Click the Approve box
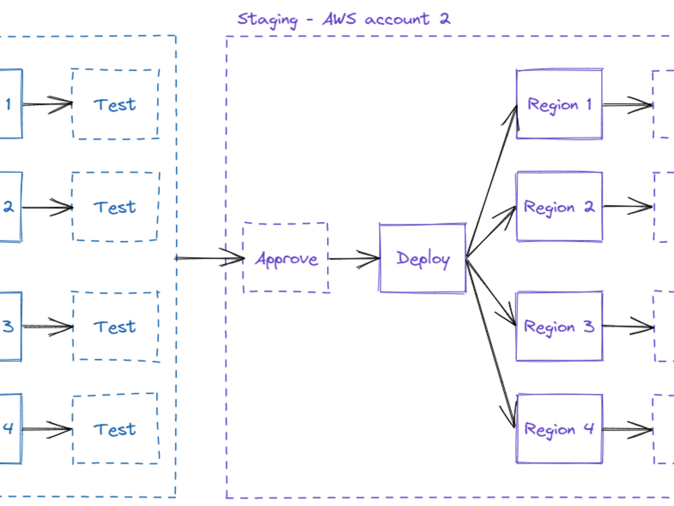pyautogui.click(x=286, y=258)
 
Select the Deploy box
pyautogui.click(x=423, y=258)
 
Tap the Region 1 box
pyautogui.click(x=559, y=105)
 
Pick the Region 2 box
pyautogui.click(x=559, y=206)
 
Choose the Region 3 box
pyautogui.click(x=559, y=327)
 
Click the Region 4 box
pyautogui.click(x=559, y=429)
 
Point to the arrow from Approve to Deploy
pyautogui.click(x=354, y=258)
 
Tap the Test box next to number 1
pyautogui.click(x=115, y=105)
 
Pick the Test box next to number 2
pyautogui.click(x=115, y=206)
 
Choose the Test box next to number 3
pyautogui.click(x=115, y=327)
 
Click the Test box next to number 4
pyautogui.click(x=115, y=429)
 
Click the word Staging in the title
pyautogui.click(x=267, y=19)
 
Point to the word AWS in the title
pyautogui.click(x=341, y=18)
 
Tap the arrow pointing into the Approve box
pyautogui.click(x=209, y=258)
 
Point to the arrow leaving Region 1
pyautogui.click(x=627, y=105)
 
